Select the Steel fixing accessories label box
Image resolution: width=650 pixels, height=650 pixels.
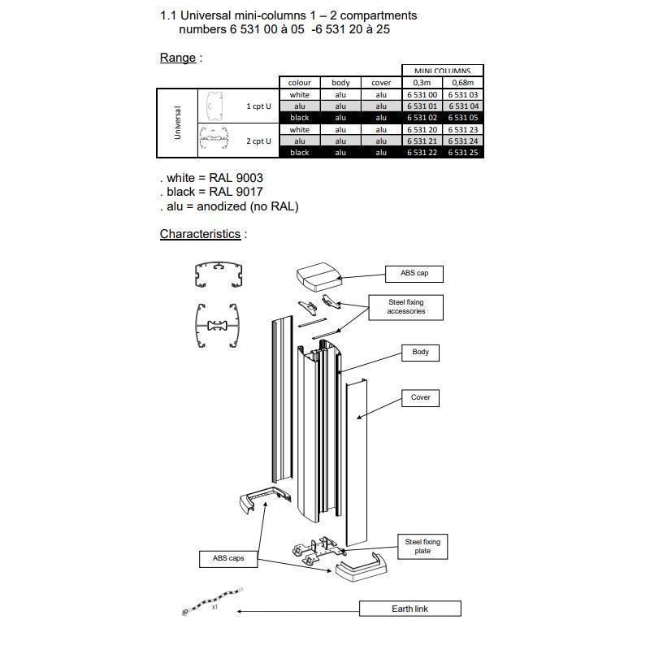coord(406,306)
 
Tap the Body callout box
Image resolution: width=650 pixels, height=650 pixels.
coord(420,353)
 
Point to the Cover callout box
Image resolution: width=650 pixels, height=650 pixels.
coord(420,397)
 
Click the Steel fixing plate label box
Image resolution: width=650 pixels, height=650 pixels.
coord(422,546)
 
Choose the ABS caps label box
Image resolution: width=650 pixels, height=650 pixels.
coord(228,559)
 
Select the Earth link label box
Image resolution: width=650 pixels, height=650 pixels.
coord(409,609)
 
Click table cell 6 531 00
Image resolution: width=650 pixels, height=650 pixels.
coord(422,95)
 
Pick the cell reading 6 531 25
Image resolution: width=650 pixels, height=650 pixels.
coord(463,153)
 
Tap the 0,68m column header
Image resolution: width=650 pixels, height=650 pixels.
coord(463,83)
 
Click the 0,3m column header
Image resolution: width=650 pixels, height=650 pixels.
coord(422,83)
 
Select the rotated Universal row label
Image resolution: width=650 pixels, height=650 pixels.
coord(177,123)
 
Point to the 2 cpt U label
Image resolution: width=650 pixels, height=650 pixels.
coord(258,141)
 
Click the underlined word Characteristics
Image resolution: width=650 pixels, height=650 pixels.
coord(200,234)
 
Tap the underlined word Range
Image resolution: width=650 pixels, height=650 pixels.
coord(177,58)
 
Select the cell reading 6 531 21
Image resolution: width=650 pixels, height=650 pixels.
coord(422,141)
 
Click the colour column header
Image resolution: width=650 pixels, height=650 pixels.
coord(299,83)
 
